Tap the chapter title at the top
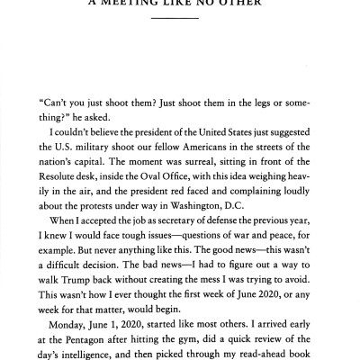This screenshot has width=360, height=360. pos(180,4)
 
